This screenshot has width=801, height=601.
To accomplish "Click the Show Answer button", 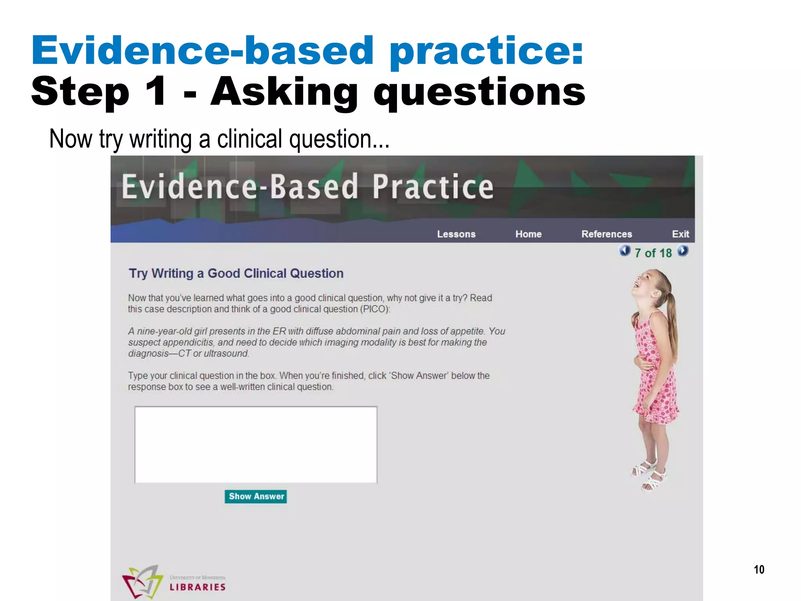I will [x=256, y=497].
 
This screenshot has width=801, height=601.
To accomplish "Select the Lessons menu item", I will [x=456, y=234].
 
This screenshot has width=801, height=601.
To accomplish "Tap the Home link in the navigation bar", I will [x=528, y=234].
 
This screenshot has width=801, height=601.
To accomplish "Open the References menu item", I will [x=607, y=234].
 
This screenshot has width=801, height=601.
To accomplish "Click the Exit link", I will [x=680, y=234].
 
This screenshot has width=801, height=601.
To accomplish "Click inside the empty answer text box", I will [x=256, y=444].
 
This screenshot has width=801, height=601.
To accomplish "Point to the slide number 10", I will [x=759, y=570].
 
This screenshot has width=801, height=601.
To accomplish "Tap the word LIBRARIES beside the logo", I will [x=198, y=587].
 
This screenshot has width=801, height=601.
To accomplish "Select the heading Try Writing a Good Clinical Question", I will [x=236, y=273].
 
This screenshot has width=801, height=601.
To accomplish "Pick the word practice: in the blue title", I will [x=486, y=51].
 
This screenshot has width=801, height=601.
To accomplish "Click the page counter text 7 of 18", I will [x=653, y=253].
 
